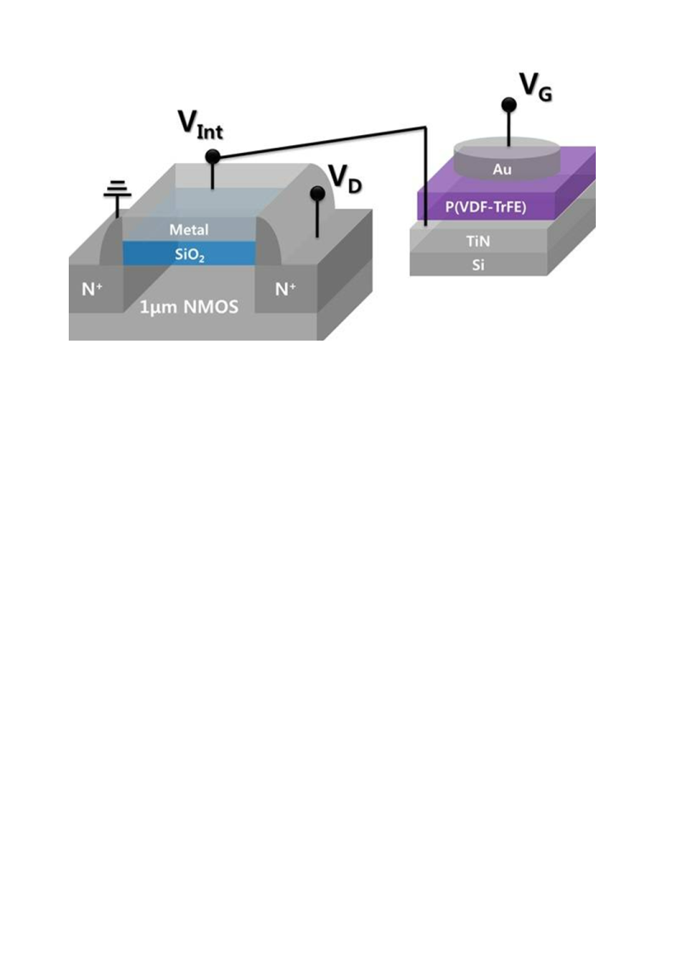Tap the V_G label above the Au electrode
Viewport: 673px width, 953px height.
coord(536,87)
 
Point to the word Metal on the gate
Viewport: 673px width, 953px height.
coord(188,230)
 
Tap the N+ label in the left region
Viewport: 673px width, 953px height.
coord(93,289)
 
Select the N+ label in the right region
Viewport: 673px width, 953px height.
coord(285,289)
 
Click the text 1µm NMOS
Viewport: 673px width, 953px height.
coord(189,308)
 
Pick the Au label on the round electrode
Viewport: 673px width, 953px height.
coord(502,170)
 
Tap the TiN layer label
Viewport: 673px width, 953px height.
coord(479,241)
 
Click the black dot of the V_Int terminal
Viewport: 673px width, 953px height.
coord(212,157)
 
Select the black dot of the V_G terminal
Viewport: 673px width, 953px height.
coord(508,105)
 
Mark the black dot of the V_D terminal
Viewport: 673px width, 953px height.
coord(317,193)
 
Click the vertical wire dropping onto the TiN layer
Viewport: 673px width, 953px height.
coord(423,178)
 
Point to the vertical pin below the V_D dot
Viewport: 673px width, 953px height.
coord(317,217)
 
